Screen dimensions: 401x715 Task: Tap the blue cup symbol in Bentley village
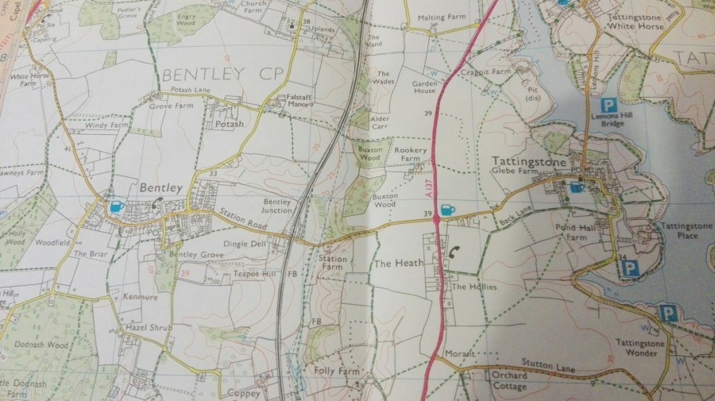pyautogui.click(x=116, y=206)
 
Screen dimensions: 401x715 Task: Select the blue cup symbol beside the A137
pyautogui.click(x=446, y=210)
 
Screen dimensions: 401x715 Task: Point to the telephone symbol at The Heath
pyautogui.click(x=454, y=251)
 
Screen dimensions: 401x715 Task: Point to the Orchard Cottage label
pyautogui.click(x=508, y=381)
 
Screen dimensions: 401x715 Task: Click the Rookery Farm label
pyautogui.click(x=416, y=155)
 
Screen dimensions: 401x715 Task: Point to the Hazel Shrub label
pyautogui.click(x=144, y=327)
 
